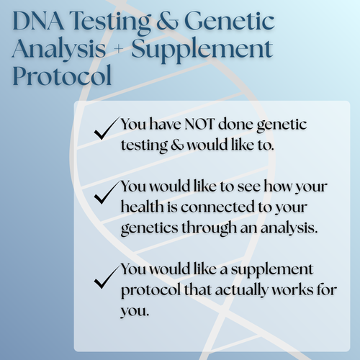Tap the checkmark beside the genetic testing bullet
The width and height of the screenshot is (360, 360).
click(106, 131)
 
